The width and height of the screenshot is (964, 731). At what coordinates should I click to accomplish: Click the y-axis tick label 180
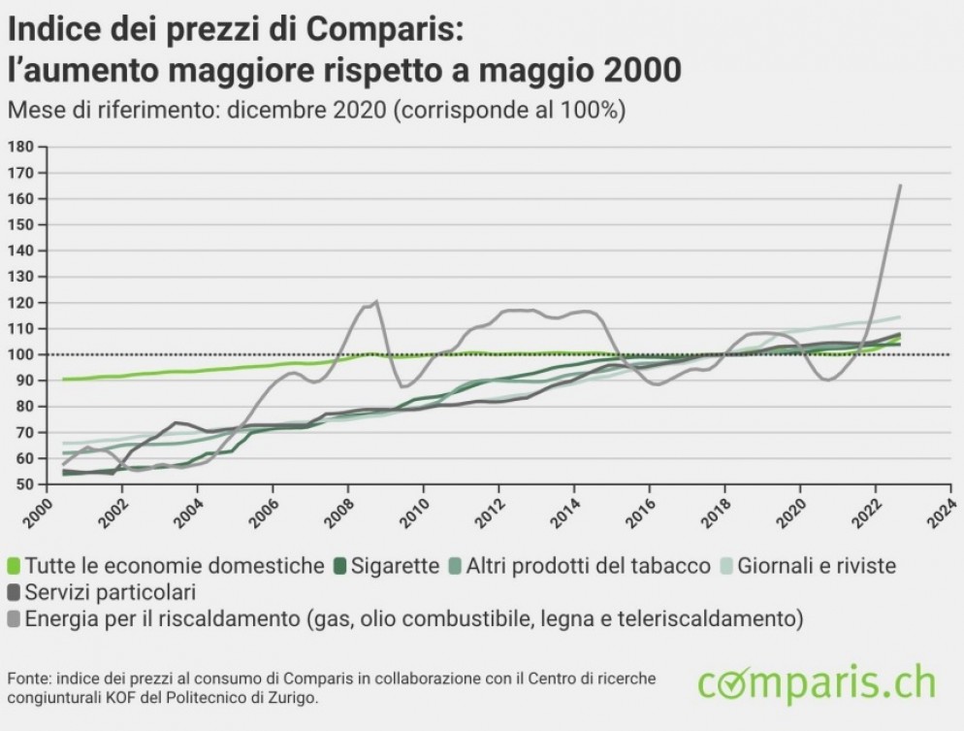[x=21, y=147]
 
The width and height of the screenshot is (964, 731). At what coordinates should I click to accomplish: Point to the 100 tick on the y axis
[x=21, y=354]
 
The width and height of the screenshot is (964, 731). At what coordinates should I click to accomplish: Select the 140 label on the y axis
[x=21, y=250]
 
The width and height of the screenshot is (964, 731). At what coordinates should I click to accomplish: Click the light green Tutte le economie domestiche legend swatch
[x=14, y=566]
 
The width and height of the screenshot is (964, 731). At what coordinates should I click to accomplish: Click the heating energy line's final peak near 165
[x=900, y=185]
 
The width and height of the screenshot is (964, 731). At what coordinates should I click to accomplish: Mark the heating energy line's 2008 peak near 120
[x=375, y=302]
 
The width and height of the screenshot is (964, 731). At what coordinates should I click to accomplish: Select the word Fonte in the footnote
[x=27, y=677]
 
